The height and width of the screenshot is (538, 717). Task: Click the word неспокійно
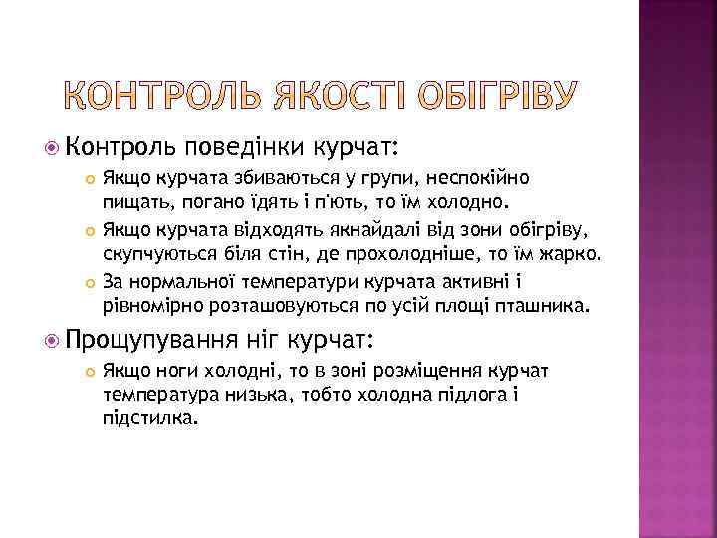click(x=481, y=177)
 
